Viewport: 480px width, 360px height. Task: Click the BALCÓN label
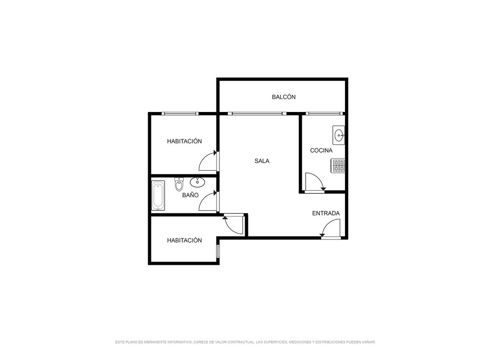click(x=284, y=97)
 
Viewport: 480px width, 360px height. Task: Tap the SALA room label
click(x=262, y=161)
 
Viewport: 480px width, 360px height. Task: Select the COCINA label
click(x=321, y=150)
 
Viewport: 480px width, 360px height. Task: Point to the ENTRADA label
click(x=326, y=213)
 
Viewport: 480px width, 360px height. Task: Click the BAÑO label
click(x=190, y=195)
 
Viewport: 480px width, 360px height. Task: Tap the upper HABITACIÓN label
click(x=185, y=142)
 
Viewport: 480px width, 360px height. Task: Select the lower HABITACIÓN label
click(x=185, y=240)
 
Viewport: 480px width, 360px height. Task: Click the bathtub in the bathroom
click(x=158, y=195)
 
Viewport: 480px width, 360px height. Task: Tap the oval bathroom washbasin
click(x=197, y=182)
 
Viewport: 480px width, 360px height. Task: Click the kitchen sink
click(x=338, y=135)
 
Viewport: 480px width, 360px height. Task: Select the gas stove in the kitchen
click(x=338, y=165)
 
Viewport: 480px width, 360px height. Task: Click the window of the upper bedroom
click(x=180, y=113)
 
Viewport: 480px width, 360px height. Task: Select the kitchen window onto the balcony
click(x=324, y=113)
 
